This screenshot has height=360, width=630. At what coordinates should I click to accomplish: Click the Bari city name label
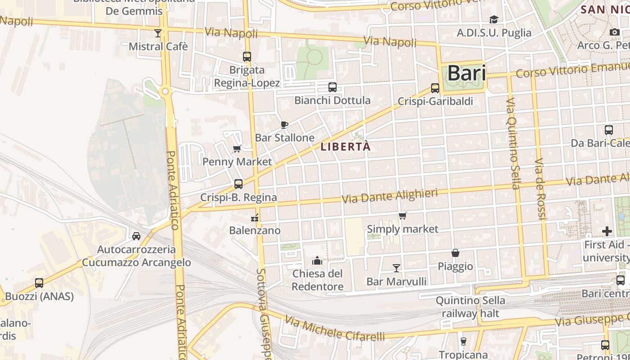coord(467,73)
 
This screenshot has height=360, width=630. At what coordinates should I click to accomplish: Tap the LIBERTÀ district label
coord(346,147)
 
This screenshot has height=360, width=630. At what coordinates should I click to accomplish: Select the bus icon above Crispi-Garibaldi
coord(435,88)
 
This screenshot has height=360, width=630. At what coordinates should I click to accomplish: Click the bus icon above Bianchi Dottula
coord(333,87)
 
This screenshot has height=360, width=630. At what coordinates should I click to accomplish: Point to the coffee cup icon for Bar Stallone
coord(284,125)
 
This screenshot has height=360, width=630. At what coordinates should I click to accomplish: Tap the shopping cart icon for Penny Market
coord(237,149)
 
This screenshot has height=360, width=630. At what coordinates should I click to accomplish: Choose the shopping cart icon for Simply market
coord(402,216)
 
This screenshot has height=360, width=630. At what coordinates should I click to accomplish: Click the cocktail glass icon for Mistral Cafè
coord(157,33)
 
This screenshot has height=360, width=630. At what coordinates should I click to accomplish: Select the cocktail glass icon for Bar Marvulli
coord(396,268)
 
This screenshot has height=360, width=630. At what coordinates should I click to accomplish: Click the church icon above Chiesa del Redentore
coord(317,261)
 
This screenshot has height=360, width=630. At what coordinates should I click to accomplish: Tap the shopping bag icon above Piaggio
coord(455,253)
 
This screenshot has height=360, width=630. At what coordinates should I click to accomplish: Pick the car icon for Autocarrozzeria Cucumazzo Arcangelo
coord(136,236)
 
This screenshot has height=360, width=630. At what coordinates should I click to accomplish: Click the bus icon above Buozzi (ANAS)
coord(39,283)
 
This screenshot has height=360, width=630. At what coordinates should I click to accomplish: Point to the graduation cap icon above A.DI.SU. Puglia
coord(494,19)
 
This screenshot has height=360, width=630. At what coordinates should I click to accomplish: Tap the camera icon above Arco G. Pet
coord(614,32)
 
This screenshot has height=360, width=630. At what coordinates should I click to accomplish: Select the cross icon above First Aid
coord(607,231)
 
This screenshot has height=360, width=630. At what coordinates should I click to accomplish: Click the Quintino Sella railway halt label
coord(470,306)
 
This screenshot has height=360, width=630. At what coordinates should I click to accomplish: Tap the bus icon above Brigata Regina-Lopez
coord(247,57)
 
